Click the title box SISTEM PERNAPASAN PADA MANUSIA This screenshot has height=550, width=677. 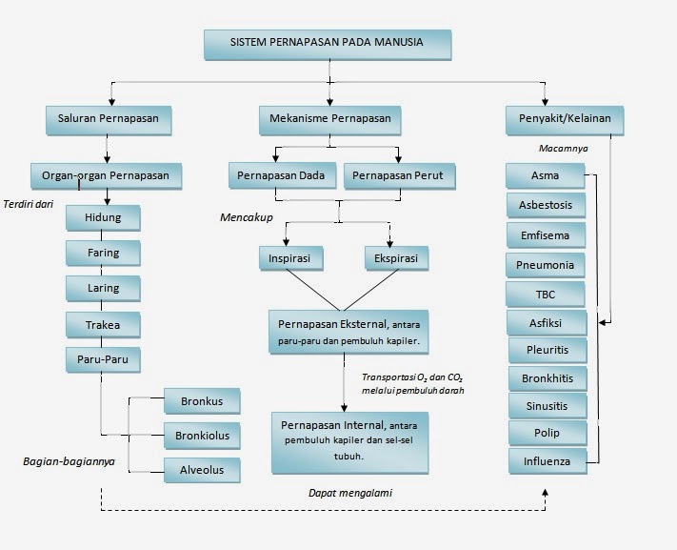(x=328, y=45)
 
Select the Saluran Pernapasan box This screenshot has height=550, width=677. (x=109, y=121)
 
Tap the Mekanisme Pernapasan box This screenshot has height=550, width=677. (x=329, y=121)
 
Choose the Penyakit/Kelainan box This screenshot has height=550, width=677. (x=565, y=121)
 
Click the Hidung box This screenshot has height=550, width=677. (x=103, y=218)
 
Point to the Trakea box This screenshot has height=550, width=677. (x=103, y=325)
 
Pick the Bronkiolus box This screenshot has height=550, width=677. (x=202, y=436)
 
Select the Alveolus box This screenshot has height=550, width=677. (x=202, y=471)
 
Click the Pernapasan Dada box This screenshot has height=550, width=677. (x=283, y=176)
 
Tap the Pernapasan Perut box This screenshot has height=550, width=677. (x=399, y=176)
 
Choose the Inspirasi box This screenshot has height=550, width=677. (x=291, y=258)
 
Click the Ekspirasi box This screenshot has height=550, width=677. (x=397, y=258)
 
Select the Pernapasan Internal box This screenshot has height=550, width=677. (x=349, y=443)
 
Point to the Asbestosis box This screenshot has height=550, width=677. (x=546, y=205)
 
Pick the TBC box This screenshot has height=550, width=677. (x=546, y=295)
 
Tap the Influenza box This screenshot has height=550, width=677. (x=548, y=461)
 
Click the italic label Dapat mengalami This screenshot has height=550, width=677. (x=350, y=493)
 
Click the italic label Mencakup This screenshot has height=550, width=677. (x=247, y=217)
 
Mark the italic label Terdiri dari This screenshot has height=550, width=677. (x=28, y=204)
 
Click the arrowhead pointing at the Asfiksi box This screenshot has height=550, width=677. (x=603, y=322)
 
